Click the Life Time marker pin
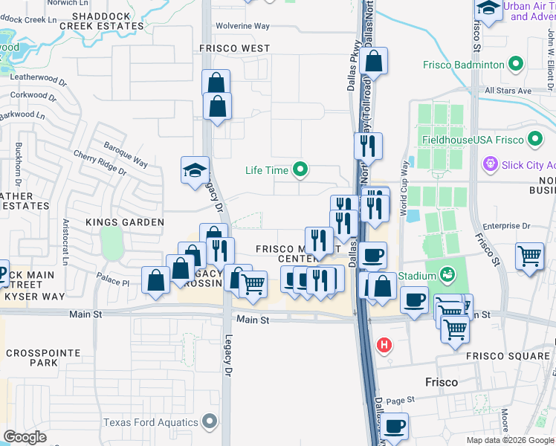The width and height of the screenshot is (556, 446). (x=300, y=170)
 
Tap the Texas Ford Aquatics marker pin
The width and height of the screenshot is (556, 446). (x=210, y=422)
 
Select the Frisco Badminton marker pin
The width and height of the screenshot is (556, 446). (x=514, y=65)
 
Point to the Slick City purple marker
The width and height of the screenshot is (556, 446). (x=490, y=164)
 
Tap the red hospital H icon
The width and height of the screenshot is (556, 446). (x=384, y=344)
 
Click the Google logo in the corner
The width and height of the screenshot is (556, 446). (x=25, y=437)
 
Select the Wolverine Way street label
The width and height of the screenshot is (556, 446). (x=242, y=26)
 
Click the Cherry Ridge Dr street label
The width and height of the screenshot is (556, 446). (x=100, y=163)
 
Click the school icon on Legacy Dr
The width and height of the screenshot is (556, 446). (x=195, y=169)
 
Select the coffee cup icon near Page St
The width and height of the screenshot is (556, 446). (x=395, y=426)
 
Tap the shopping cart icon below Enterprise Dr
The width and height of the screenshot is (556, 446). (x=530, y=256)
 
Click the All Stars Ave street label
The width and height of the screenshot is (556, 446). (x=508, y=91)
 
